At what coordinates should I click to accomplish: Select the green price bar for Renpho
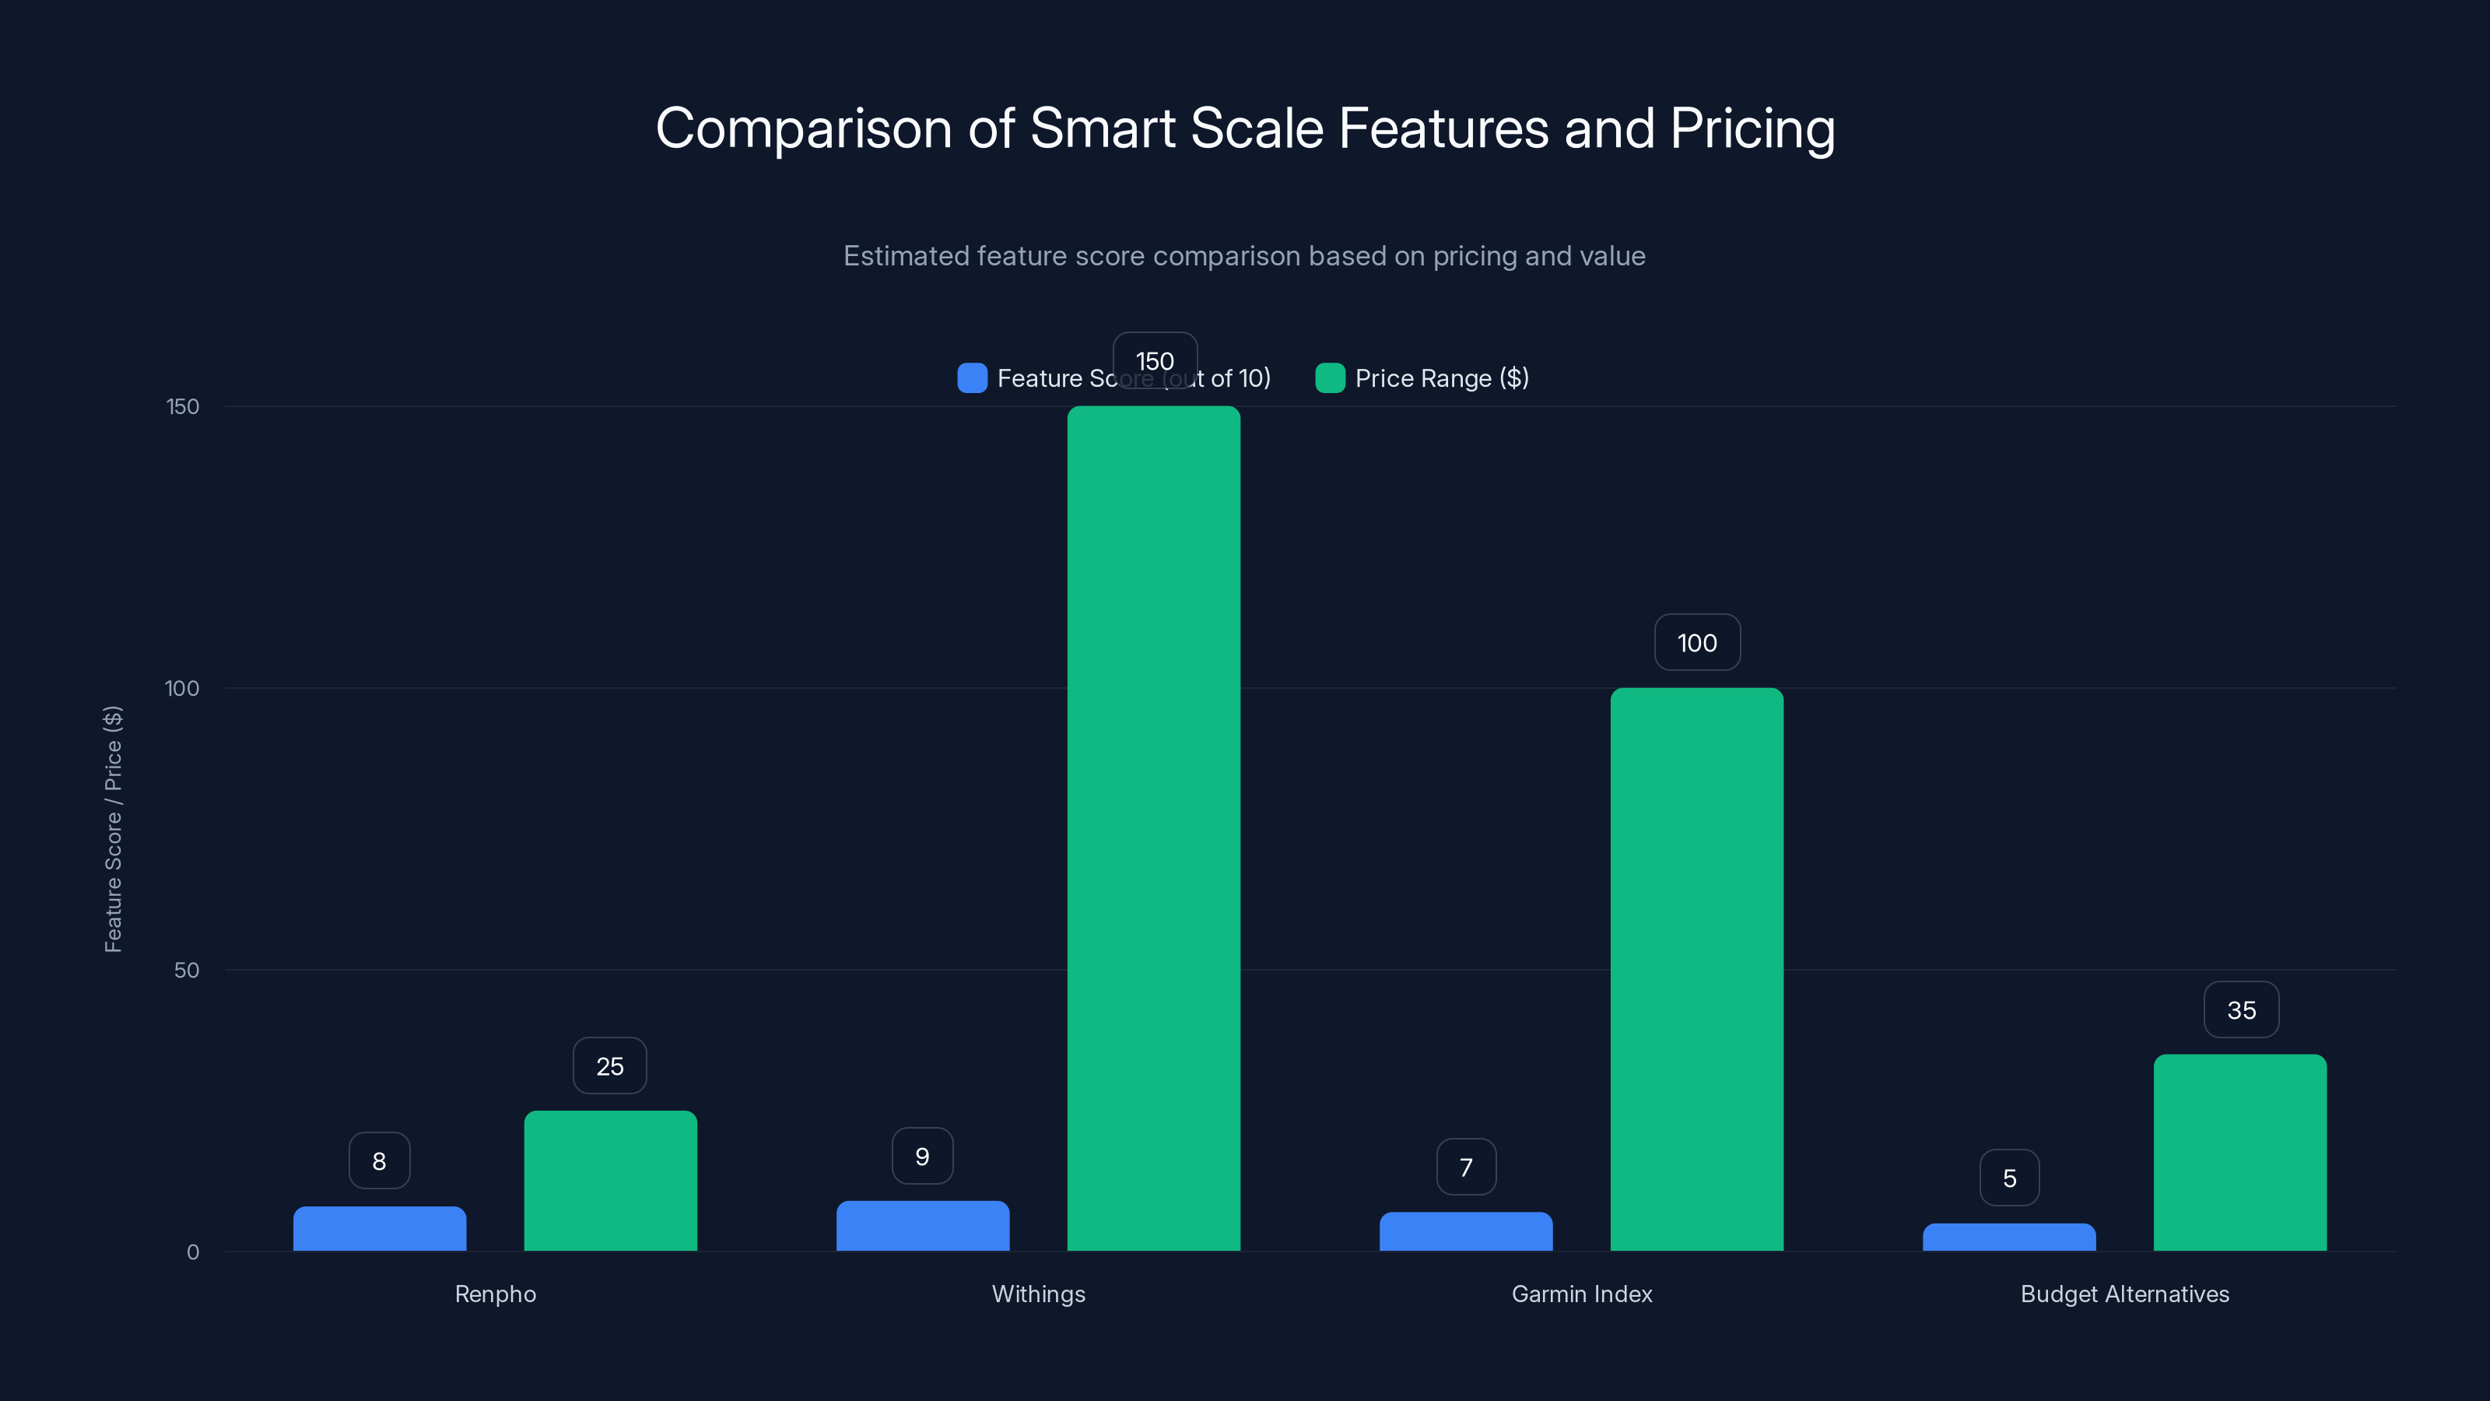610,1181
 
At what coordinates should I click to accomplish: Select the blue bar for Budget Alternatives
2008,1237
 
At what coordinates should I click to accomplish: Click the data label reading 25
609,1066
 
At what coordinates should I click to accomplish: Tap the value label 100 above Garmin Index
1696,642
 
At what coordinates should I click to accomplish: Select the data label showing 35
2241,1009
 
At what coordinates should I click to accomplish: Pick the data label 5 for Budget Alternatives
2008,1177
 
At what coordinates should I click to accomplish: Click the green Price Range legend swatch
1330,378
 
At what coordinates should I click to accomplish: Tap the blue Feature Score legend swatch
971,378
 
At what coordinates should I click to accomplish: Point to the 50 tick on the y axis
187,970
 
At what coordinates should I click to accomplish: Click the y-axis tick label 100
182,688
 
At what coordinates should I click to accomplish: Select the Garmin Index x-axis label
1581,1294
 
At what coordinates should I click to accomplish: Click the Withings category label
1038,1294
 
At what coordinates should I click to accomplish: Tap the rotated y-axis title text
113,829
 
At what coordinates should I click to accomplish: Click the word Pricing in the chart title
1752,128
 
